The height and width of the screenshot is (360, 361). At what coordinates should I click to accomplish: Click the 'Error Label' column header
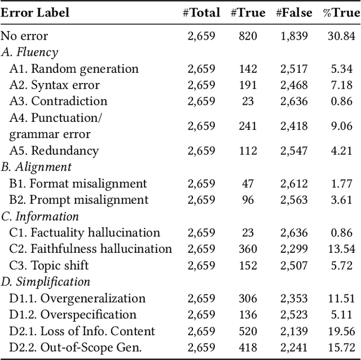pos(35,12)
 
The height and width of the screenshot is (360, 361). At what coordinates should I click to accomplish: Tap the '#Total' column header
pos(201,12)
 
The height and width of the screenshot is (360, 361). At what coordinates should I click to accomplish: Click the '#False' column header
pos(293,12)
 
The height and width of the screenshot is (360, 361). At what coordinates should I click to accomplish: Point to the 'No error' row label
pos(24,36)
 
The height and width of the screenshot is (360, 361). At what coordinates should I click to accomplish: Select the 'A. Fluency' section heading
pos(29,52)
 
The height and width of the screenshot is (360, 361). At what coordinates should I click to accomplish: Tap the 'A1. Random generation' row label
pos(74,69)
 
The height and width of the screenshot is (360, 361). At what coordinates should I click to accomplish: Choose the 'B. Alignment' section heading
pos(36,167)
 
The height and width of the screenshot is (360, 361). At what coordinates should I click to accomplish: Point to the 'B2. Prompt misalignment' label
pos(79,200)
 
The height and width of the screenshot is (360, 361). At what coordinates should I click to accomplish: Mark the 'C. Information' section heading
pos(40,216)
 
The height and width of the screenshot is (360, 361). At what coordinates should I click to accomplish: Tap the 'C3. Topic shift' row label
pos(49,265)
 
